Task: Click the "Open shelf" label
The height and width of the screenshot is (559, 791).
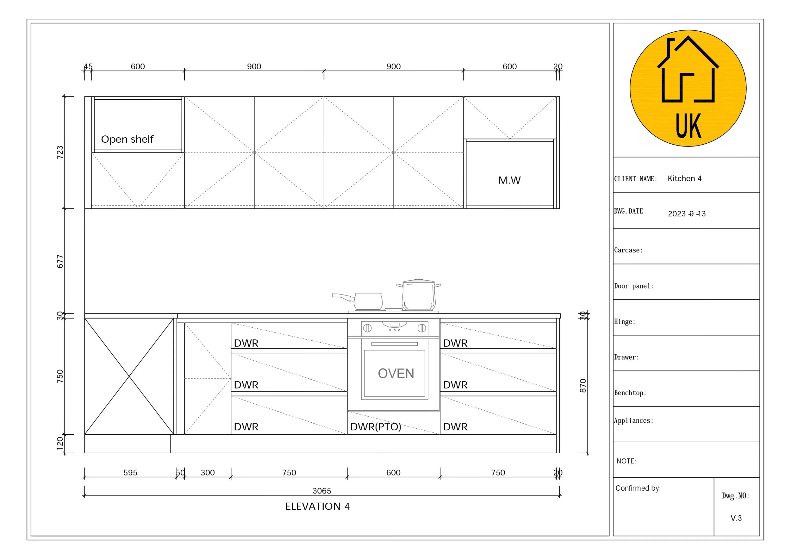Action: [127, 139]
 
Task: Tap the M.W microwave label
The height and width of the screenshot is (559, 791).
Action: [509, 180]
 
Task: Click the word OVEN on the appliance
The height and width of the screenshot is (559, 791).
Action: [395, 373]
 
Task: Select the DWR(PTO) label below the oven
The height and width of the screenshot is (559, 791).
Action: [376, 427]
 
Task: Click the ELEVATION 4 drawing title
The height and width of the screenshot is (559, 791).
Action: [317, 506]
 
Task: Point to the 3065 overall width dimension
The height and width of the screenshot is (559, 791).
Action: [322, 491]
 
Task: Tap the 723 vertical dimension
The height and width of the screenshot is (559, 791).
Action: [60, 152]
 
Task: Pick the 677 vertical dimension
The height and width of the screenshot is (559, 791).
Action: [60, 261]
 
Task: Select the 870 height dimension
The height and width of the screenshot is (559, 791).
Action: [582, 385]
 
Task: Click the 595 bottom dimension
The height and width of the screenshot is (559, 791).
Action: [130, 473]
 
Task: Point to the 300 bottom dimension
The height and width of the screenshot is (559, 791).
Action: [208, 473]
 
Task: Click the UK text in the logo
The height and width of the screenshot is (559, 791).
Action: [688, 126]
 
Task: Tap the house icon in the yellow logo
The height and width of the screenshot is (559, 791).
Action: [688, 71]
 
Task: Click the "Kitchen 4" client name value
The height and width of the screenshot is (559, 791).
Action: [684, 178]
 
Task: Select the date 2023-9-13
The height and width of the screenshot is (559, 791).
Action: [687, 214]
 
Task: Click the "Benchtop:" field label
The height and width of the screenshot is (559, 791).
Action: [630, 393]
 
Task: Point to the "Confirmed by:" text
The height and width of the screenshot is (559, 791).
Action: [638, 488]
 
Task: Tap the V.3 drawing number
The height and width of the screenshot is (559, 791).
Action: [736, 518]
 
